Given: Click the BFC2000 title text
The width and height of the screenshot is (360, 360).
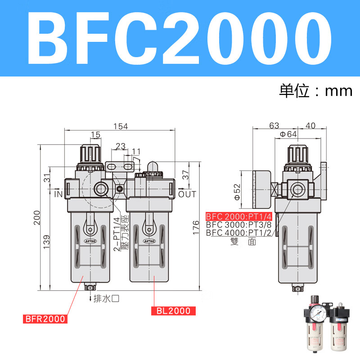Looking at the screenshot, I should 180,38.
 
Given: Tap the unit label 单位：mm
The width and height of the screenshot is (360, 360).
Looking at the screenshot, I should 315,90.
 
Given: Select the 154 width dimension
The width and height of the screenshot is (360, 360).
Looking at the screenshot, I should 120,126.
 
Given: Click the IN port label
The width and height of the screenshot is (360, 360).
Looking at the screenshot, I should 58,194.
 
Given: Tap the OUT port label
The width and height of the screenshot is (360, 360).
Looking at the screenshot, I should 187,194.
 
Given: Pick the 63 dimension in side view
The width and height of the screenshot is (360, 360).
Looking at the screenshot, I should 274,126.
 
